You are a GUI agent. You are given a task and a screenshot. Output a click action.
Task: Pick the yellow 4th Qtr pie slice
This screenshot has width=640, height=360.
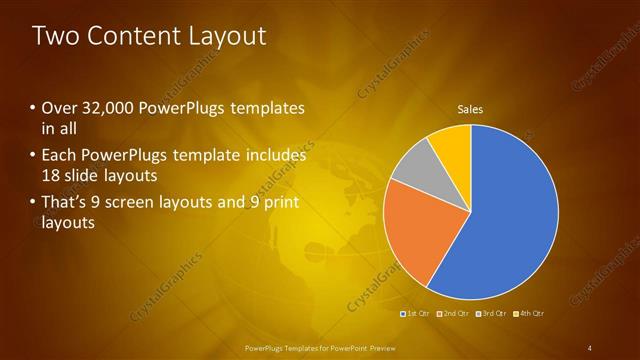tap(452, 144)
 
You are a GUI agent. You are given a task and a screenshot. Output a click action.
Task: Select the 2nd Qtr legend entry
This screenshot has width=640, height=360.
tap(454, 314)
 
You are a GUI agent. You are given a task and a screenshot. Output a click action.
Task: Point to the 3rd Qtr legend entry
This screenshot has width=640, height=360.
tap(493, 314)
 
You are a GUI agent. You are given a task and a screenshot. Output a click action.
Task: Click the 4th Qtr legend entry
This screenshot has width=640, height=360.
tap(530, 314)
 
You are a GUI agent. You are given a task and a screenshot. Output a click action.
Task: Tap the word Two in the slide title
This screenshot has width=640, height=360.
tap(54, 37)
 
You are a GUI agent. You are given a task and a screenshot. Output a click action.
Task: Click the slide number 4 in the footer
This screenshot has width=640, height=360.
tap(589, 347)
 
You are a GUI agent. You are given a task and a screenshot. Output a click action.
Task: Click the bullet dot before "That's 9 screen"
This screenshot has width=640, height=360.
tap(34, 204)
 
